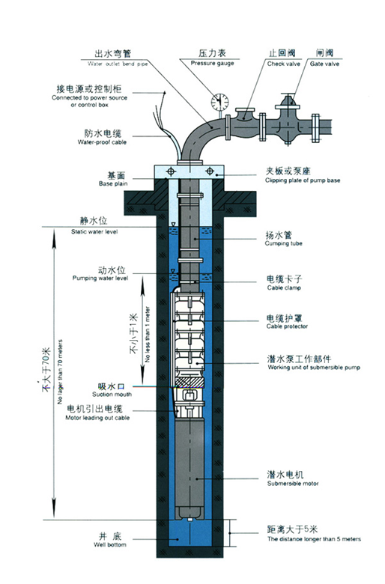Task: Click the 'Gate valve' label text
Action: pyautogui.click(x=324, y=64)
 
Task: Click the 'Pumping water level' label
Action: pyautogui.click(x=101, y=278)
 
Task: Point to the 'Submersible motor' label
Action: pyautogui.click(x=293, y=484)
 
